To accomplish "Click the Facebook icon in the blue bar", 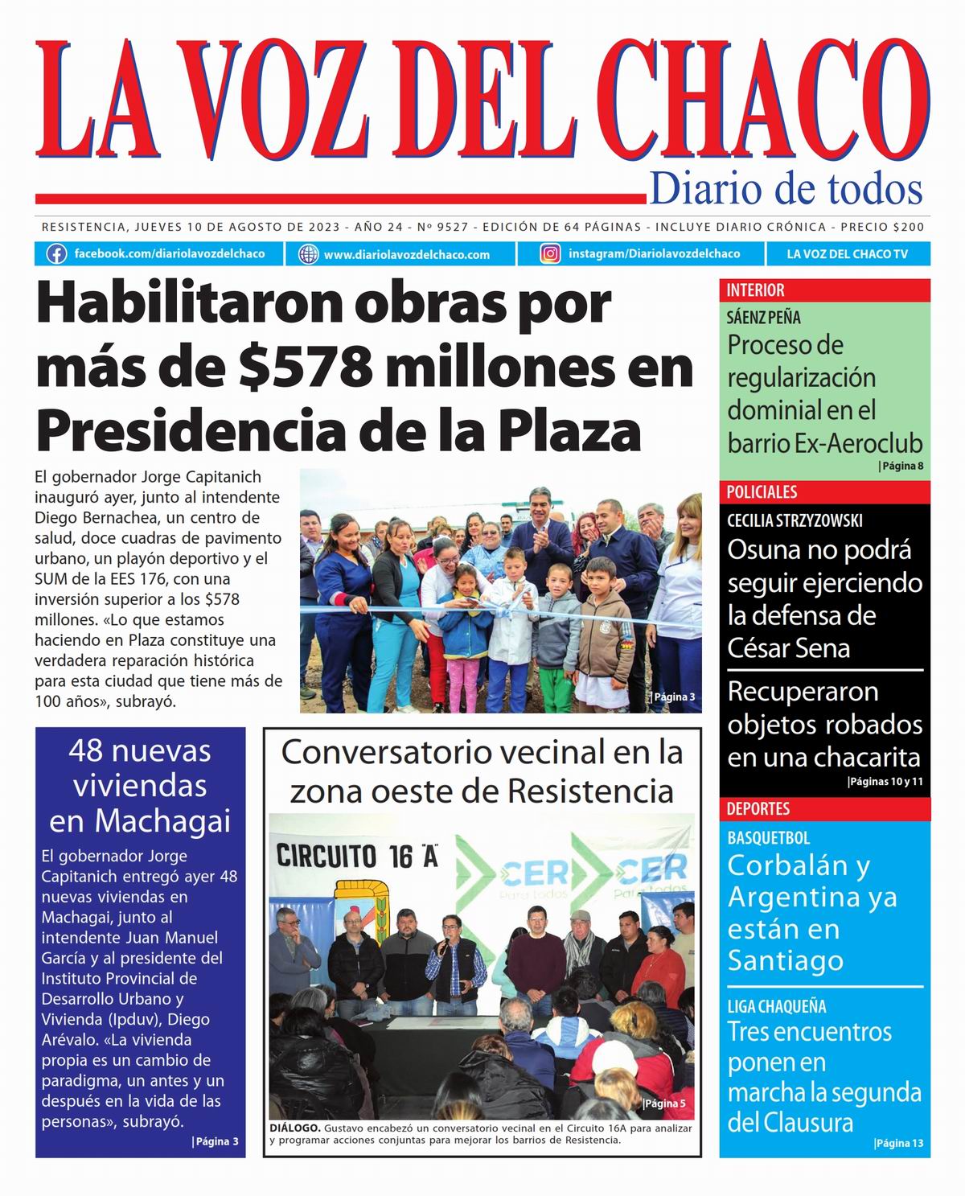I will tap(56, 254).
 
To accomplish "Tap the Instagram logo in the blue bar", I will tap(550, 254).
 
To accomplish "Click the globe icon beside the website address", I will tap(308, 254).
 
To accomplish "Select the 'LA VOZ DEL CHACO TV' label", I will tap(847, 254).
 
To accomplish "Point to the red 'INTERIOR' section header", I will tap(755, 290).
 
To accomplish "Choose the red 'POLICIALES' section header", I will tap(762, 491).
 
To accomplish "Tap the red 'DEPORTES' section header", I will tap(758, 808).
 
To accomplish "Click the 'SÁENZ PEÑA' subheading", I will tap(763, 317).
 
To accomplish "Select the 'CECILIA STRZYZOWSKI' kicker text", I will tap(795, 520).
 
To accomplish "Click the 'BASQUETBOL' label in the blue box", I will tap(768, 837).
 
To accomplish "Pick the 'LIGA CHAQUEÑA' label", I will tap(776, 1006).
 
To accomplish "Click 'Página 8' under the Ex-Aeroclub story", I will tap(901, 466).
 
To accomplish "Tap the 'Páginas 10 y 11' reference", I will tap(885, 781).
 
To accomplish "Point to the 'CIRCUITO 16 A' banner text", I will tap(357, 856).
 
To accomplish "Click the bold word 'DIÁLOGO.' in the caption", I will tap(295, 1128).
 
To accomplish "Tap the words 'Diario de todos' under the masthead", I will tap(786, 189).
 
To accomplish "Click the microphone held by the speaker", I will tap(441, 947).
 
